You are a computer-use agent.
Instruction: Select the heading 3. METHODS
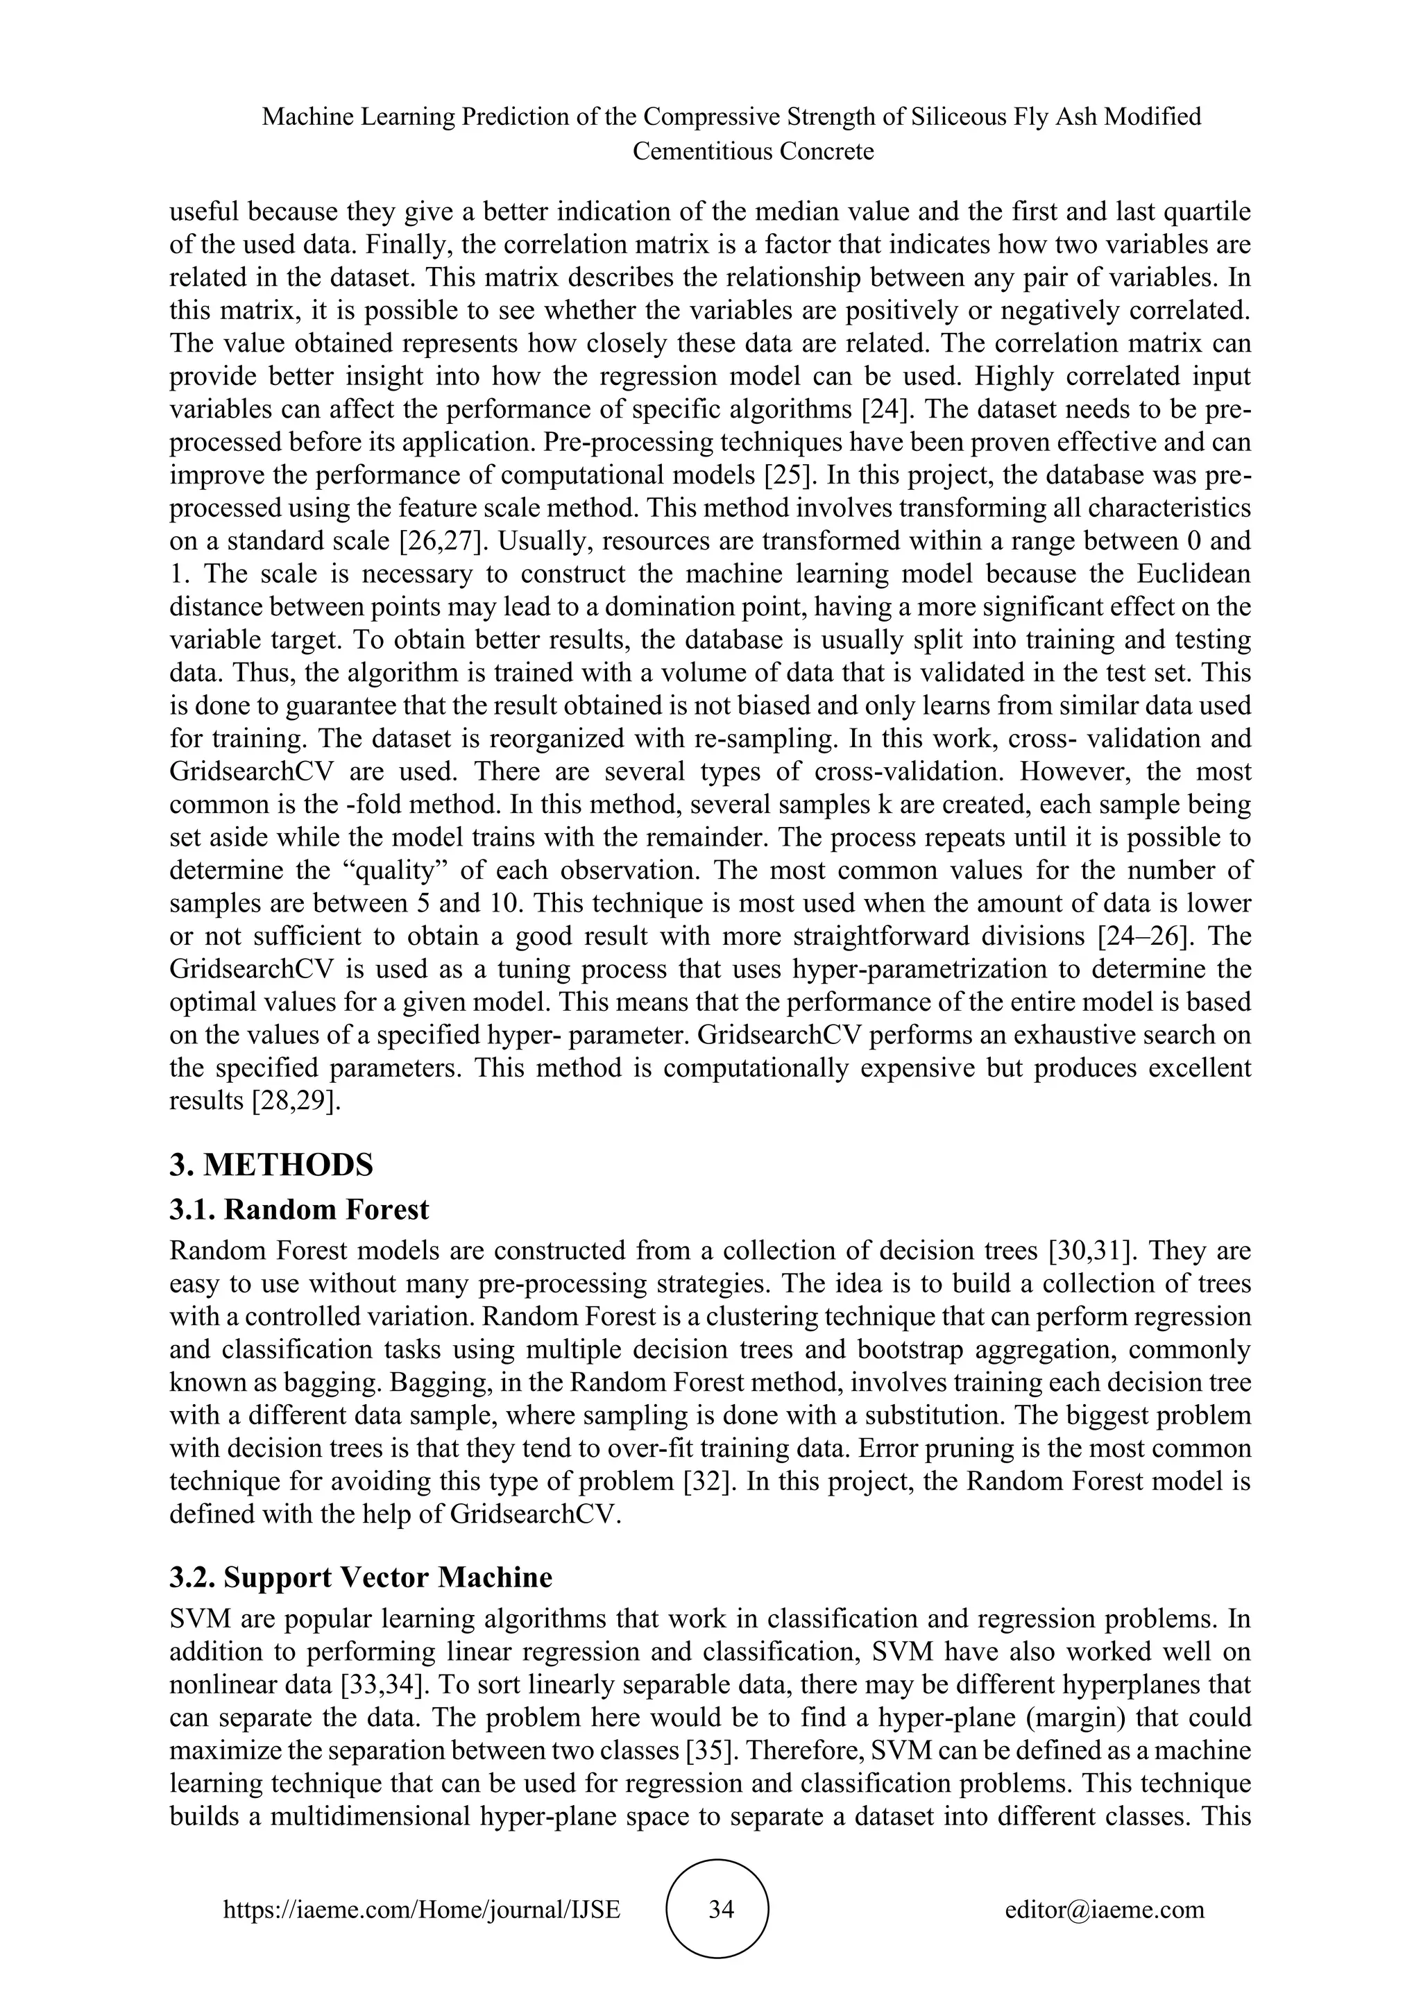tap(271, 1165)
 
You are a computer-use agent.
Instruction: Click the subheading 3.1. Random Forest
tap(299, 1209)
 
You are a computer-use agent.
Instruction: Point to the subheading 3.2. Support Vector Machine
tap(361, 1577)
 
